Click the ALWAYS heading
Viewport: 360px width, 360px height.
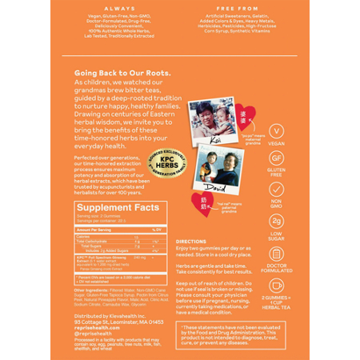click(x=116, y=8)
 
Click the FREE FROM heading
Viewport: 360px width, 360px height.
click(x=243, y=8)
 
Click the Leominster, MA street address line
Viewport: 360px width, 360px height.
click(x=118, y=321)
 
